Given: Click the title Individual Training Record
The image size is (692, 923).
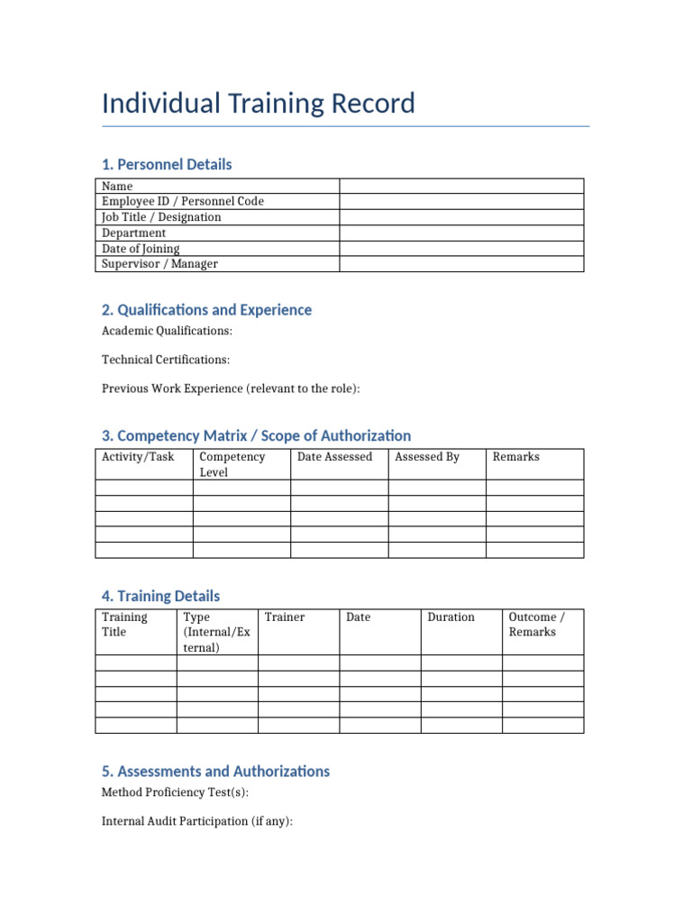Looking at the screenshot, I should pos(259,104).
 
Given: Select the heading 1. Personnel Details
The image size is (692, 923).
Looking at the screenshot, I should pos(167,164).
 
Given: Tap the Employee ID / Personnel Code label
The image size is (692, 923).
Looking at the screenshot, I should pos(183,202).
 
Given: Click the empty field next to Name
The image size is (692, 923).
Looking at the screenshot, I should pos(461,186).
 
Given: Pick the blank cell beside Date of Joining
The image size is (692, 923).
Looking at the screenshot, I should pos(461,249).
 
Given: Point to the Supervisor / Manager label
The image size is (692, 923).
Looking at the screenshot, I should pos(159,264).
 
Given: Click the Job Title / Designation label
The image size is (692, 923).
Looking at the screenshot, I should pos(161,217).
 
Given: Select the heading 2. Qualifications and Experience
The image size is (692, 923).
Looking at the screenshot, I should pos(206,310).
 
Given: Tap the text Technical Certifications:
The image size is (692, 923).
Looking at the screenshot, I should pos(166,360).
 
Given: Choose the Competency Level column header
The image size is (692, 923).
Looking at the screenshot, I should pos(232,464).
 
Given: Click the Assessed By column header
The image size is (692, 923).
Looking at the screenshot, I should pos(427,457).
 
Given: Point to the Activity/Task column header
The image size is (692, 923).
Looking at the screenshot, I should pos(138,457).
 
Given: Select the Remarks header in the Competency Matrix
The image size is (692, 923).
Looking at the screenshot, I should pos(516,457).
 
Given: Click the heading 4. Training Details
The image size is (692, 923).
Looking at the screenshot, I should pos(160,596).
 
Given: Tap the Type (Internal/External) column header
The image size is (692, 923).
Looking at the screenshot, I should pos(216,632).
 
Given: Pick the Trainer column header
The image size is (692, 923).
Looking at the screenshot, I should pos(285,617).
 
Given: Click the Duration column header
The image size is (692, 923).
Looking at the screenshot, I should pos(451,617).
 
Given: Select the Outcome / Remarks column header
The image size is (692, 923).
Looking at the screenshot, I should pos(537,625).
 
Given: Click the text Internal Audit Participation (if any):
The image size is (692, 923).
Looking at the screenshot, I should pos(197,821).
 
